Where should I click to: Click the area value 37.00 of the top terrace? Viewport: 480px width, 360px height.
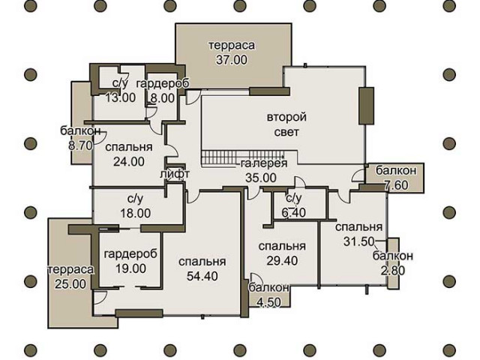click(x=232, y=60)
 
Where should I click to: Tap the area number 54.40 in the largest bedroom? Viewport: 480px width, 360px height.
click(x=202, y=276)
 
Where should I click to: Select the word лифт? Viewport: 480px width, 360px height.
click(x=175, y=173)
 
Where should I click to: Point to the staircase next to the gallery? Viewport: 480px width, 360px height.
click(x=244, y=157)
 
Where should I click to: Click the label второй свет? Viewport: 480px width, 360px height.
click(x=286, y=124)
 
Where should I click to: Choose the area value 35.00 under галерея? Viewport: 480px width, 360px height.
click(x=261, y=178)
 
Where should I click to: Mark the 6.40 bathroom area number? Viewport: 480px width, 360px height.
click(x=293, y=212)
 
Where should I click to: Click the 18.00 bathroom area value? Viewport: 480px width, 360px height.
click(x=135, y=213)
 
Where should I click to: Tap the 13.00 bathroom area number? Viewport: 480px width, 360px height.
click(x=120, y=98)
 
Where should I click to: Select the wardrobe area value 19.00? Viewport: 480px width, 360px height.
click(x=130, y=268)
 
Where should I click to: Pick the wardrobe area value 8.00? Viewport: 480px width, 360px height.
click(x=162, y=98)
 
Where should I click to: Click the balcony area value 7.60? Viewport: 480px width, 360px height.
click(x=396, y=185)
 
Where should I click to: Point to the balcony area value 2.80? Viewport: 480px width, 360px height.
click(x=393, y=270)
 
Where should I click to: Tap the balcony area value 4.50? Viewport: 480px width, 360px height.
click(x=268, y=302)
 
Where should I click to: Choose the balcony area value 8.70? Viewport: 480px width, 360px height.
click(x=80, y=145)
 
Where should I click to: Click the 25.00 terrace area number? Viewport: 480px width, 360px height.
click(x=70, y=284)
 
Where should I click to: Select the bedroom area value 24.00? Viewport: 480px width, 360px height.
click(x=129, y=162)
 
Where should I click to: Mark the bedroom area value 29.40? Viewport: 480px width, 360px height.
click(x=282, y=260)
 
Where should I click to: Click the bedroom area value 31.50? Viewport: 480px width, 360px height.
click(x=358, y=241)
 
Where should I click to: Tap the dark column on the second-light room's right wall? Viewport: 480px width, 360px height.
click(x=366, y=106)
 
